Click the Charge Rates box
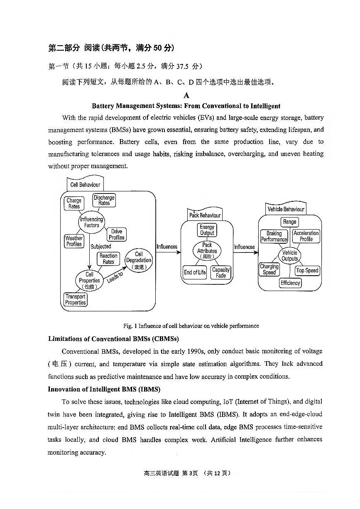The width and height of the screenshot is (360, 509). pos(74,203)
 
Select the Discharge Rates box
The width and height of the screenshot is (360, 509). pos(104,201)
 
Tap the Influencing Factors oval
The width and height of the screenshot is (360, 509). pos(91,222)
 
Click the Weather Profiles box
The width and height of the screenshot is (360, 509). pos(74,241)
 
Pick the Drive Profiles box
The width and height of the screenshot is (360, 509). pos(117,235)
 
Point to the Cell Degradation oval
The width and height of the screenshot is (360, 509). pos(139,261)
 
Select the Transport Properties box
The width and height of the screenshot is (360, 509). pos(76,299)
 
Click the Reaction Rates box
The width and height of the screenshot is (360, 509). pos(108,259)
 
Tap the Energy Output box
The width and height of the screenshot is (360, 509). pos(207,230)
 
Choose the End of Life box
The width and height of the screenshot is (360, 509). pos(195,272)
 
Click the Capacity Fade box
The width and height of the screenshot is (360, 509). pos(221,272)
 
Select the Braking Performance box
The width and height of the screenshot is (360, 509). pos(274,237)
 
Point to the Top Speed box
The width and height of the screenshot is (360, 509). pos(307,270)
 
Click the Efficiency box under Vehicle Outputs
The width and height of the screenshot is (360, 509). pos(290,283)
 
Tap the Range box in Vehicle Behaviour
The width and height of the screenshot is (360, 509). pos(289,222)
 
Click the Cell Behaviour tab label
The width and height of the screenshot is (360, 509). pos(85,184)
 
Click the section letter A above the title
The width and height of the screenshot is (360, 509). pos(186,95)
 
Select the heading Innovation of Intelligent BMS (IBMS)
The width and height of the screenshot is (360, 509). pos(104,389)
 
